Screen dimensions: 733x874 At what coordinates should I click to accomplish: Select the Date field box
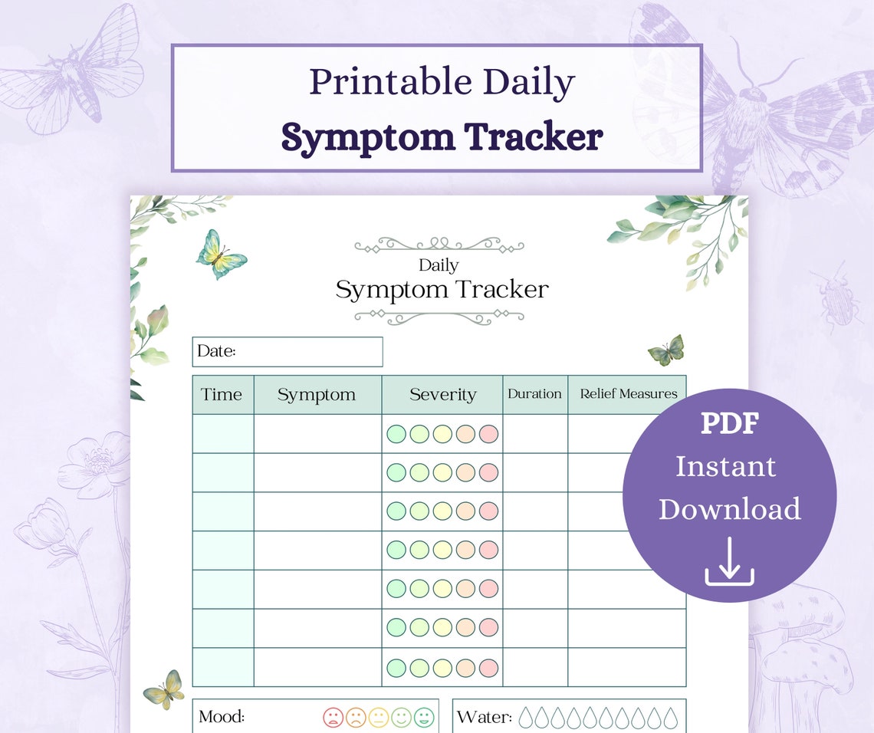tap(287, 352)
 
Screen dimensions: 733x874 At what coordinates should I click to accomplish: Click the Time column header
tap(222, 395)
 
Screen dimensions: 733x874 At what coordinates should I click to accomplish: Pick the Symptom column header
tap(317, 395)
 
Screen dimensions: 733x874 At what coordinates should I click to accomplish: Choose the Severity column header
tap(442, 395)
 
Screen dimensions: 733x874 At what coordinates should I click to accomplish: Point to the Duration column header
tap(534, 394)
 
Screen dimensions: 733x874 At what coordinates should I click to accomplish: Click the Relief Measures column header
tap(628, 394)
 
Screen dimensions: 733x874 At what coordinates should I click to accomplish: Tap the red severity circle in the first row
tap(488, 434)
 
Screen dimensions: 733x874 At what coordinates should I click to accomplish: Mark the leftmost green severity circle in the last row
tap(396, 667)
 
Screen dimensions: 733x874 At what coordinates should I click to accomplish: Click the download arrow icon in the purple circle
tap(729, 562)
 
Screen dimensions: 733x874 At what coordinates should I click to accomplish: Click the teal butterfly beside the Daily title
tap(221, 255)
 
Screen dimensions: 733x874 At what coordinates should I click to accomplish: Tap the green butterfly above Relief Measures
tap(665, 350)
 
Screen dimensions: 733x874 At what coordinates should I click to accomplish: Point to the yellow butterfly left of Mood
tap(164, 689)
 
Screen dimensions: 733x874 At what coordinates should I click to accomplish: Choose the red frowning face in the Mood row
tap(333, 718)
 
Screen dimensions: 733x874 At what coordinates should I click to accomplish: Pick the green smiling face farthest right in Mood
tap(424, 718)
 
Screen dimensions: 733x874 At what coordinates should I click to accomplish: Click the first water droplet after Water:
tap(527, 718)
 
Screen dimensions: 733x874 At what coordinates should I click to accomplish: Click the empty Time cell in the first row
tap(222, 434)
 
